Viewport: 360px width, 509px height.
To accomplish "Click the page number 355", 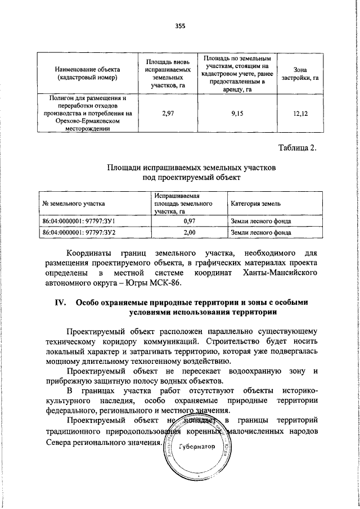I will pos(180,26).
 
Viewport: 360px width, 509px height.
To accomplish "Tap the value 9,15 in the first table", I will pos(237,114).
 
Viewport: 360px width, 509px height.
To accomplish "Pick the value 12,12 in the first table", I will pos(301,114).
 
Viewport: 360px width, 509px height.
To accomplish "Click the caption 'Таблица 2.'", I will pos(298,148).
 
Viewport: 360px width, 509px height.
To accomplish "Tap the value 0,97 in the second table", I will pos(190,221).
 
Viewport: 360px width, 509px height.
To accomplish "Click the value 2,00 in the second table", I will pos(190,232).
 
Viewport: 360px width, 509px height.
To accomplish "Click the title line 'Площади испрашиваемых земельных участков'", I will pos(192,168).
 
